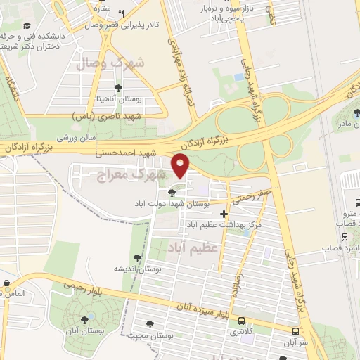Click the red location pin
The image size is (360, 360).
181,167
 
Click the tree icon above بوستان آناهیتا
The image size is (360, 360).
117,88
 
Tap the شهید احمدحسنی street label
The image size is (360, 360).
143,152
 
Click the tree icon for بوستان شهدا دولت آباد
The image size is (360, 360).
172,193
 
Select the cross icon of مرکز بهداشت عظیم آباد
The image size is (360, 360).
224,214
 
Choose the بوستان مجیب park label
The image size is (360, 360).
150,335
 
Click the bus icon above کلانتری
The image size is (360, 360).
241,319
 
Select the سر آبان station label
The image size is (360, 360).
296,343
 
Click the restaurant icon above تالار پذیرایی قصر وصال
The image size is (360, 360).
121,13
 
